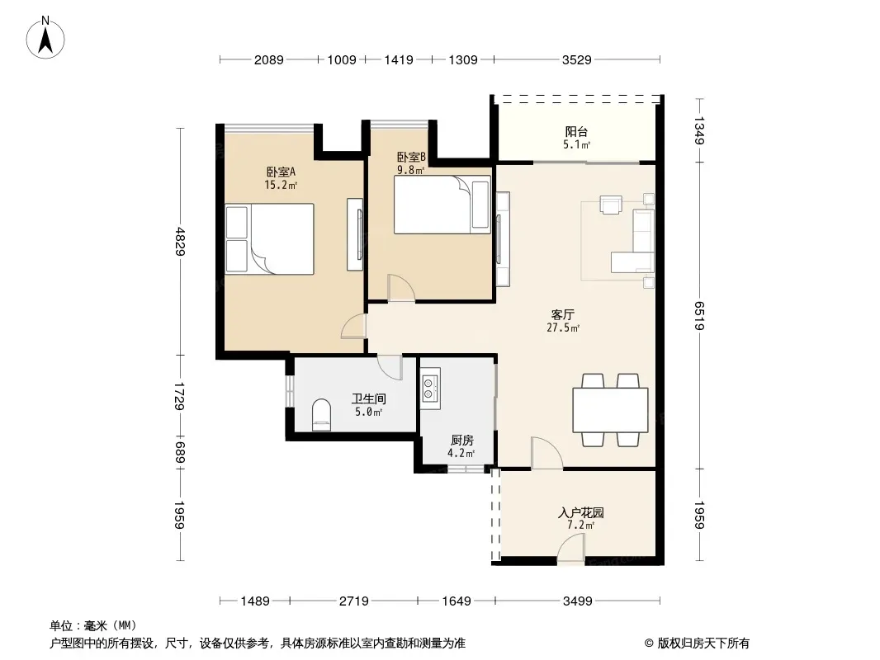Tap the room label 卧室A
pyautogui.click(x=281, y=172)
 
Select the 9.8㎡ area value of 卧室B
pyautogui.click(x=411, y=170)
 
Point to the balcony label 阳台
pyautogui.click(x=576, y=132)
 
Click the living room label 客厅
pyautogui.click(x=563, y=315)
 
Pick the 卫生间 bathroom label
pyautogui.click(x=369, y=399)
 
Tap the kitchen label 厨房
pyautogui.click(x=462, y=441)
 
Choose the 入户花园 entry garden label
pyautogui.click(x=581, y=512)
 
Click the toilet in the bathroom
pyautogui.click(x=322, y=415)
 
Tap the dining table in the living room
pyautogui.click(x=610, y=410)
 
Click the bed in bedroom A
pyautogui.click(x=269, y=239)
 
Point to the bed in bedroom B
pyautogui.click(x=442, y=205)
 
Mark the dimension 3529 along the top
pyautogui.click(x=577, y=59)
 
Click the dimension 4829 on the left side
pyautogui.click(x=180, y=241)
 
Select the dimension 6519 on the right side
pyautogui.click(x=699, y=316)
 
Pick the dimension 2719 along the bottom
pyautogui.click(x=354, y=601)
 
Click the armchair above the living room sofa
pyautogui.click(x=611, y=204)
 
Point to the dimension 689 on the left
pyautogui.click(x=180, y=452)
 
